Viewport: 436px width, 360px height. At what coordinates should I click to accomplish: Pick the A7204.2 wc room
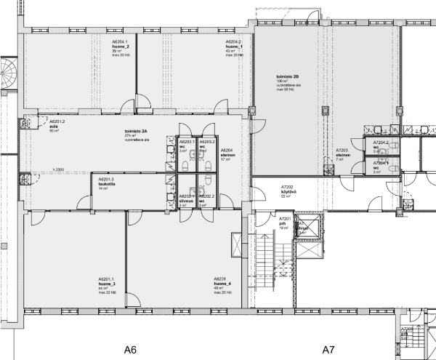(x=381, y=145)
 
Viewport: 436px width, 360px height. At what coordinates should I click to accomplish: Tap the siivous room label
(x=186, y=201)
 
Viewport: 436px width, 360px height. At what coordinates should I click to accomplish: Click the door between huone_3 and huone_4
(x=130, y=300)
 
